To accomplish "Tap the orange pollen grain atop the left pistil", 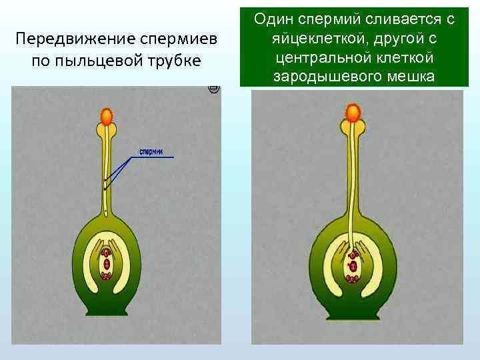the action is tap(107, 117).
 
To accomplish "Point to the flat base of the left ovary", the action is tap(107, 312).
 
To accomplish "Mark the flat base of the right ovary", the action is tap(354, 312).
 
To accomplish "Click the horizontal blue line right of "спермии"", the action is tap(157, 157).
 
